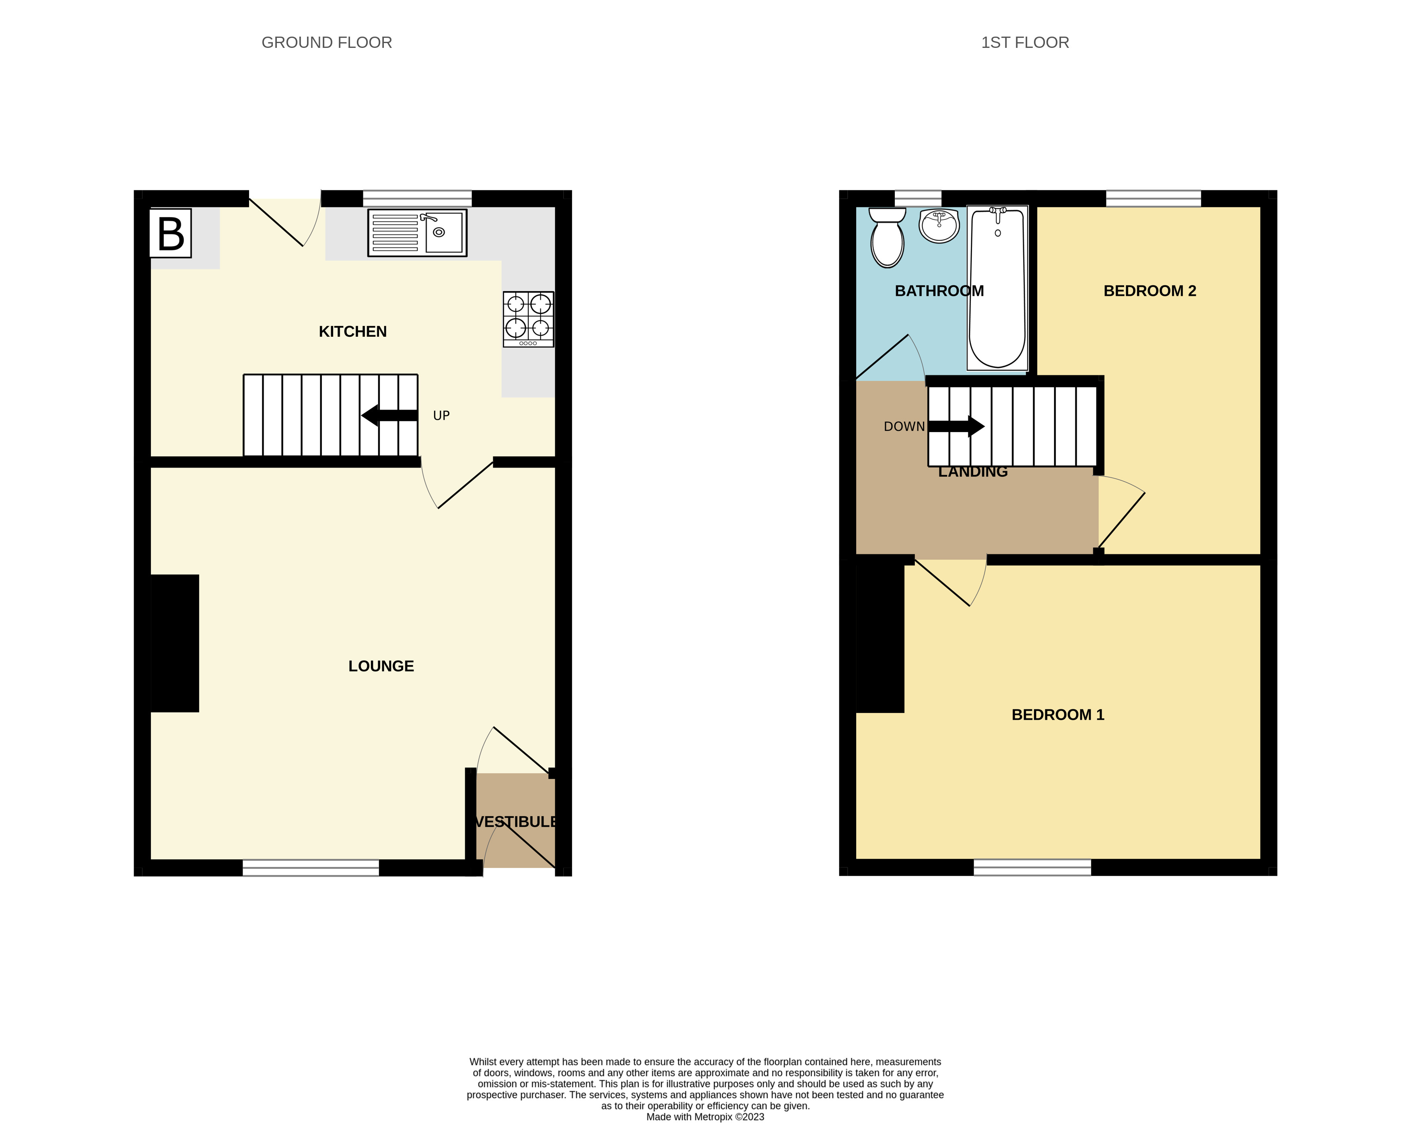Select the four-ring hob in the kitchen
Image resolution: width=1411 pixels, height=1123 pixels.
point(528,319)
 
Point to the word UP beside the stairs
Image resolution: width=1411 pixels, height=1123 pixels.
point(441,416)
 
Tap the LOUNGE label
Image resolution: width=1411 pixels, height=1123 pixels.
point(381,666)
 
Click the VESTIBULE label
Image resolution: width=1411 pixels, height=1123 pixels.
point(516,822)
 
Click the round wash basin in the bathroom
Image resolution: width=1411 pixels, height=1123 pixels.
point(939,226)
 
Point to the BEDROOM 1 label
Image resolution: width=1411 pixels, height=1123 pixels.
point(1058,715)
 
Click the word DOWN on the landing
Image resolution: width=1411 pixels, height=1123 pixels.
point(904,427)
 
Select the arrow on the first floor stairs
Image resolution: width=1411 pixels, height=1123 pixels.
point(956,427)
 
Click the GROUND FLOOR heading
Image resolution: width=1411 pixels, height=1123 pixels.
point(327,43)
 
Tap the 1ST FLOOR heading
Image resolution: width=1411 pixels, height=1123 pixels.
point(1024,43)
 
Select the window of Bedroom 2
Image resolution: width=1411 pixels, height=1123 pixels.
point(1153,198)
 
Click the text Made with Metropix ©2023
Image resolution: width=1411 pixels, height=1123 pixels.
point(705,1117)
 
